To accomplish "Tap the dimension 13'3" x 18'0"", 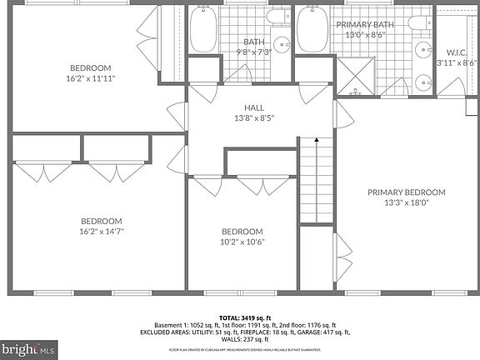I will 407,202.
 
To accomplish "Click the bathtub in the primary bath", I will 312,31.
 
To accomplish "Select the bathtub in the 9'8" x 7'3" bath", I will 203,31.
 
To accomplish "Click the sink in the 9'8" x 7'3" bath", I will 283,46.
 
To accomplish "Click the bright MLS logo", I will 28,347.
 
